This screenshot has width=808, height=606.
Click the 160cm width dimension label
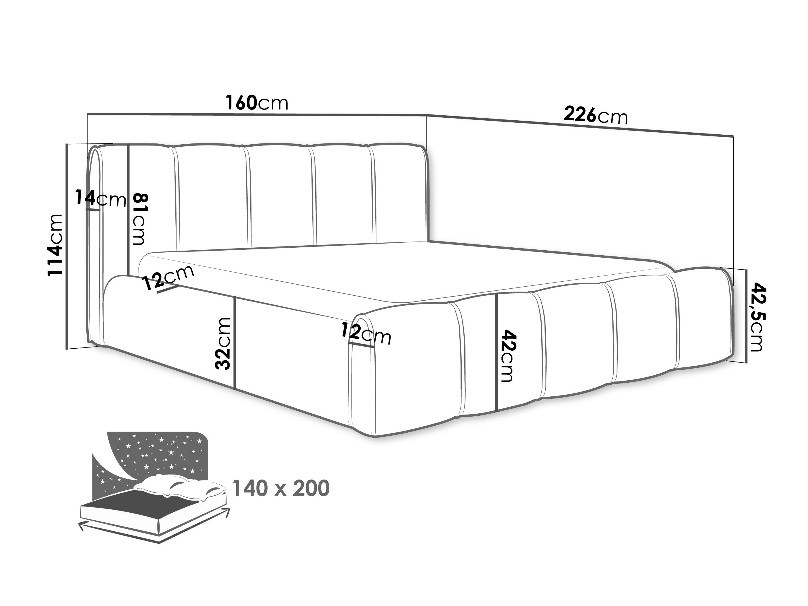click(257, 103)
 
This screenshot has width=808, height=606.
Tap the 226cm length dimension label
click(595, 115)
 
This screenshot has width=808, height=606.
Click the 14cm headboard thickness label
click(100, 199)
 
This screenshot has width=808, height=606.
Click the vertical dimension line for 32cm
click(234, 342)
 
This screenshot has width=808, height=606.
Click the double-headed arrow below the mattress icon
click(154, 526)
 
